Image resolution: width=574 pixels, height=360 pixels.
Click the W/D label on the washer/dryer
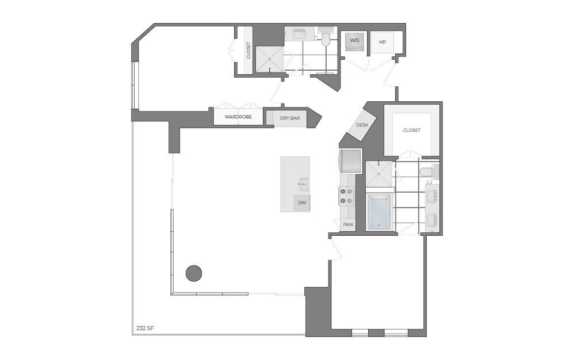pyautogui.click(x=355, y=40)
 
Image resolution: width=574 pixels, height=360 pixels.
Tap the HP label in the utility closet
pyautogui.click(x=382, y=42)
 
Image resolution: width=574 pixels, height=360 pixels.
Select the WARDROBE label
pyautogui.click(x=238, y=117)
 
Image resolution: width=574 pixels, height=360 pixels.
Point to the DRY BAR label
pyautogui.click(x=290, y=118)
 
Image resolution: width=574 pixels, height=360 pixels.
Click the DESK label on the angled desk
pyautogui.click(x=362, y=125)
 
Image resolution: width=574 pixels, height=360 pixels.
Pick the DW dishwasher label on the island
pyautogui.click(x=301, y=203)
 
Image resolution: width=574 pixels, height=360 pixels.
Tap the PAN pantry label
pyautogui.click(x=347, y=224)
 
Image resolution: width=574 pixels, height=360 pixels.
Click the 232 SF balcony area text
pyautogui.click(x=145, y=328)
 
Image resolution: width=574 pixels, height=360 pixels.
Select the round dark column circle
pyautogui.click(x=194, y=273)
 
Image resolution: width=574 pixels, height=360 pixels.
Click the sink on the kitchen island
pyautogui.click(x=303, y=185)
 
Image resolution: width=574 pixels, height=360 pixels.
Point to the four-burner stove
pyautogui.click(x=347, y=196)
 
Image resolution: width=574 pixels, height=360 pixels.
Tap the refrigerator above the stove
pyautogui.click(x=350, y=161)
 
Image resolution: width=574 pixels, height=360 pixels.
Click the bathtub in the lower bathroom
pyautogui.click(x=379, y=212)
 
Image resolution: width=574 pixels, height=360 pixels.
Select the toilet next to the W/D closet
pyautogui.click(x=326, y=37)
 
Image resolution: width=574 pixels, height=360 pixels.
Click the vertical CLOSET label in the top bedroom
pyautogui.click(x=248, y=50)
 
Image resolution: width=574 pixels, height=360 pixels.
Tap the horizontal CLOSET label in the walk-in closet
pyautogui.click(x=411, y=131)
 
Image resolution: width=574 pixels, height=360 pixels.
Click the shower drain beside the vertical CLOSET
pyautogui.click(x=269, y=59)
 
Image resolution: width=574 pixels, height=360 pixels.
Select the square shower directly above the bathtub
pyautogui.click(x=379, y=174)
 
